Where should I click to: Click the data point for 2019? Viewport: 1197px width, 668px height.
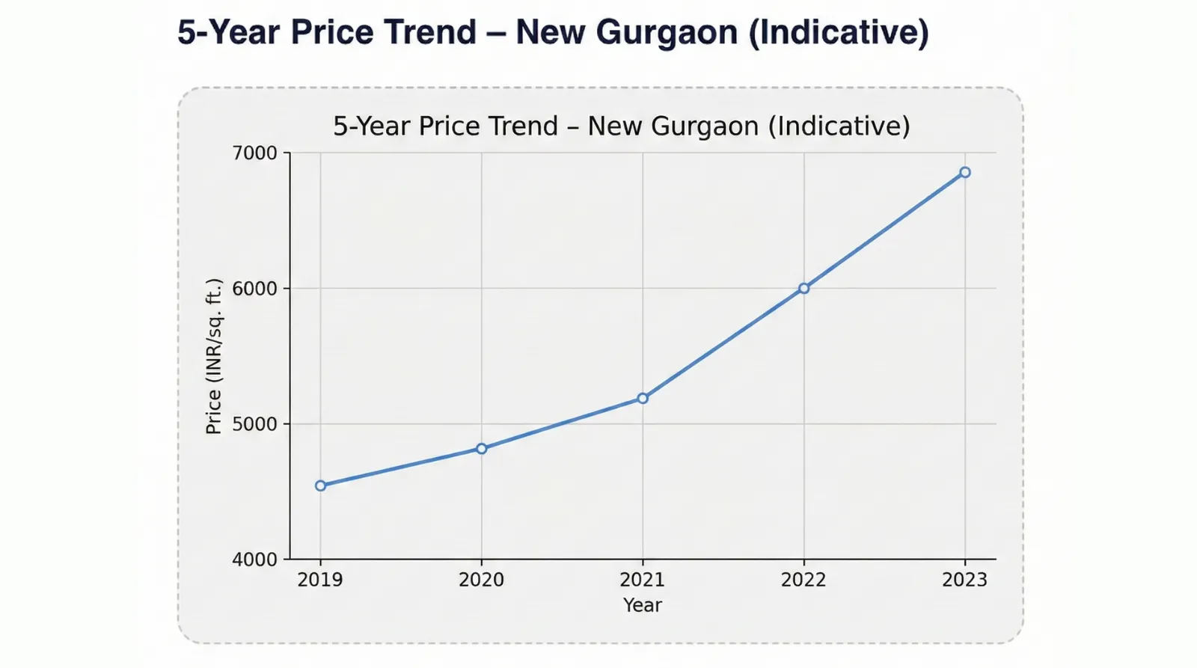coord(320,485)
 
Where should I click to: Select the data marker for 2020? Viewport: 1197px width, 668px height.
coord(482,449)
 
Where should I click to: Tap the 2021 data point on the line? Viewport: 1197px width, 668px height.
coord(643,399)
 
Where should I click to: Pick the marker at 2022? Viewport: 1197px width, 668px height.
coord(803,288)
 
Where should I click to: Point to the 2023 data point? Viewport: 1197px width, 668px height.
coord(965,173)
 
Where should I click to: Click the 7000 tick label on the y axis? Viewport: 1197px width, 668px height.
coord(254,153)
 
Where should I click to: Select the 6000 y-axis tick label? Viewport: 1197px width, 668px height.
coord(254,289)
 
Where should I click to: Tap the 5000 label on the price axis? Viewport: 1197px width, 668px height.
coord(254,424)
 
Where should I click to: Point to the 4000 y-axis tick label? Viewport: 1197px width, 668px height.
coord(254,560)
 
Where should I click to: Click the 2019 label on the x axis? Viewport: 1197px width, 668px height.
coord(320,580)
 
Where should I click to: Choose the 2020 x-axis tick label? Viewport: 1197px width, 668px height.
coord(482,580)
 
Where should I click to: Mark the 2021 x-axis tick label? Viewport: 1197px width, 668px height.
coord(643,580)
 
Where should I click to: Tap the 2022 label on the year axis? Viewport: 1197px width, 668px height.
coord(803,580)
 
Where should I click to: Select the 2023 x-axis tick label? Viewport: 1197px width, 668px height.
coord(965,580)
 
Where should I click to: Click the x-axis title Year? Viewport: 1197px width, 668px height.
coord(643,605)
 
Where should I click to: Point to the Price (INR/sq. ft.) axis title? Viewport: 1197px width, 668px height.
coord(214,356)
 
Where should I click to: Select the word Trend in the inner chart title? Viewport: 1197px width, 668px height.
coord(523,126)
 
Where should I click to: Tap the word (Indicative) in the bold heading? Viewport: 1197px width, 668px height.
coord(839,33)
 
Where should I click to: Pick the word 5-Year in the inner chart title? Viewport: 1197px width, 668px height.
coord(372,126)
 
